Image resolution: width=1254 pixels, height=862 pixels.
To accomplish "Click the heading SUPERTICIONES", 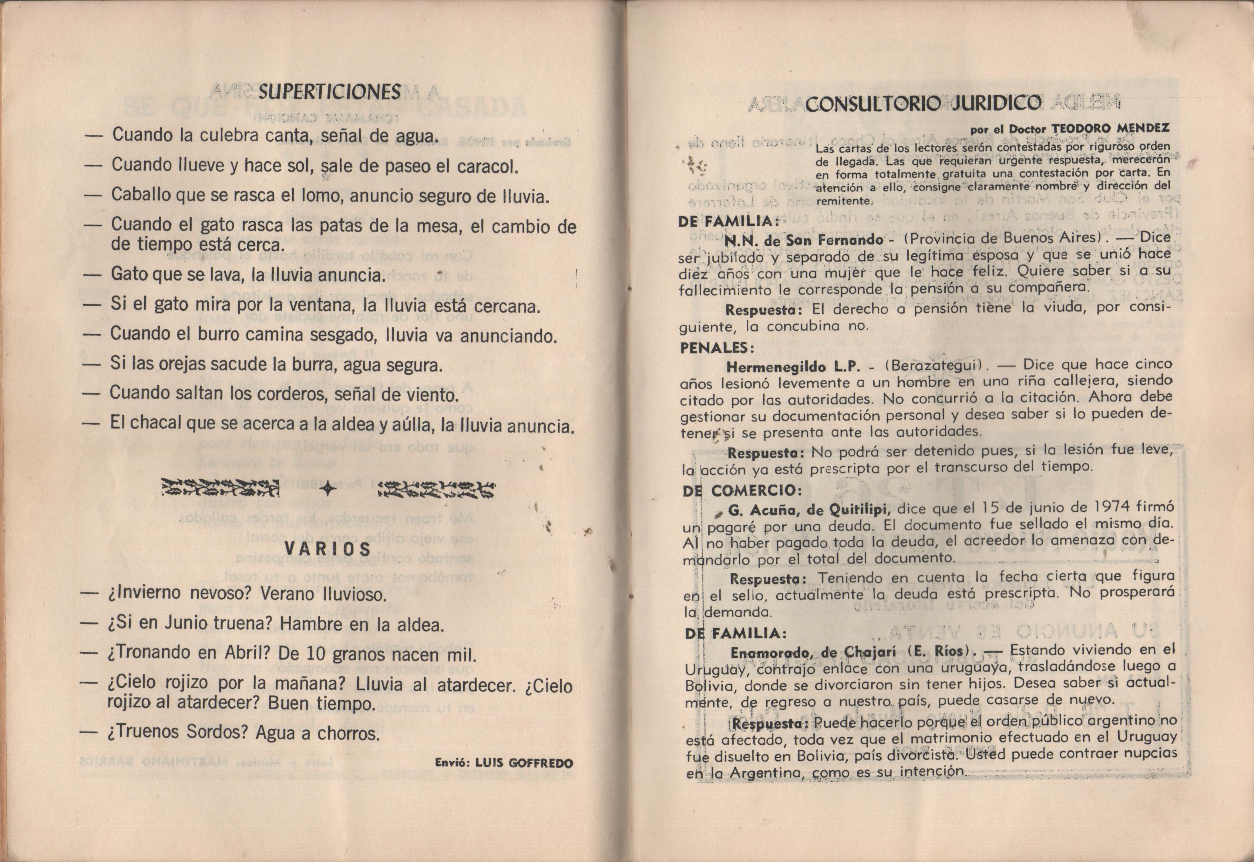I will (329, 92).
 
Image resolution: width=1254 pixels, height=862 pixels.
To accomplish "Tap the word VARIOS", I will (328, 549).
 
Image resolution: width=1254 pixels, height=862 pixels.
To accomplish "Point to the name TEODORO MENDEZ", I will (1107, 128).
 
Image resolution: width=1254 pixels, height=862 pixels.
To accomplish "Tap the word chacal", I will (157, 423).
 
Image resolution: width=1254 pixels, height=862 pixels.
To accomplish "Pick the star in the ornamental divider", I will (328, 489).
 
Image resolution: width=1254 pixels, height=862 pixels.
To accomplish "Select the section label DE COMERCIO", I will (743, 491).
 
